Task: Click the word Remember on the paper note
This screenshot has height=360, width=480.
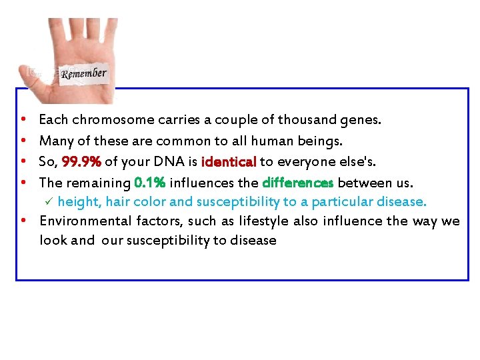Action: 84,73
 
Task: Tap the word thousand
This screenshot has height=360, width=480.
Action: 307,121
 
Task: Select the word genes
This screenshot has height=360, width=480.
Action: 361,121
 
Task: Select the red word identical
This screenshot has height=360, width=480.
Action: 229,162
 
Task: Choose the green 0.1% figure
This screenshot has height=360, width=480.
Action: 149,183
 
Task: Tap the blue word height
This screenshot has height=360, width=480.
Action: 77,202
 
